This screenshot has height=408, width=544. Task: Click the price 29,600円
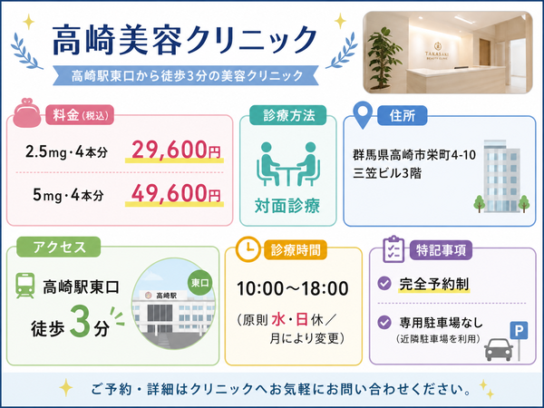[x=176, y=151]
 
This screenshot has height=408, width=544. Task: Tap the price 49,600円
[x=176, y=194]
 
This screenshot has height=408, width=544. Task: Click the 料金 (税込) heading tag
[x=80, y=115]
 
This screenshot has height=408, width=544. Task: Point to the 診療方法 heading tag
[x=288, y=115]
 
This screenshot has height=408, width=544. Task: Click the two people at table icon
[x=288, y=164]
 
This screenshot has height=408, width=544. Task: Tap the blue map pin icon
[x=363, y=115]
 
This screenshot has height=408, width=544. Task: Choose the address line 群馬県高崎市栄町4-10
[x=414, y=155]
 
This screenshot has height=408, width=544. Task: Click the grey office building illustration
[x=501, y=176]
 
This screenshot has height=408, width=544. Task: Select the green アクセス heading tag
[x=59, y=247]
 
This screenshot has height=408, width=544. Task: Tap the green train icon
[x=25, y=286]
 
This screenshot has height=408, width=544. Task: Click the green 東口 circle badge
[x=200, y=283]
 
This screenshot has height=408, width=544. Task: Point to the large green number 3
[x=80, y=320]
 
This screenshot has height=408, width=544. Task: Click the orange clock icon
[x=248, y=248]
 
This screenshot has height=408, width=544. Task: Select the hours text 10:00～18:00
[x=293, y=288]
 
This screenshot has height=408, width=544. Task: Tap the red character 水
[x=278, y=320]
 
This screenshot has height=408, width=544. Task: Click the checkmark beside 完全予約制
[x=384, y=283]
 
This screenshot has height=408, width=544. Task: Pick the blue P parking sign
[x=519, y=331]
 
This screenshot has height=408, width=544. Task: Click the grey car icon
[x=499, y=349]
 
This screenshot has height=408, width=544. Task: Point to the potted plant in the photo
[x=383, y=59]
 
